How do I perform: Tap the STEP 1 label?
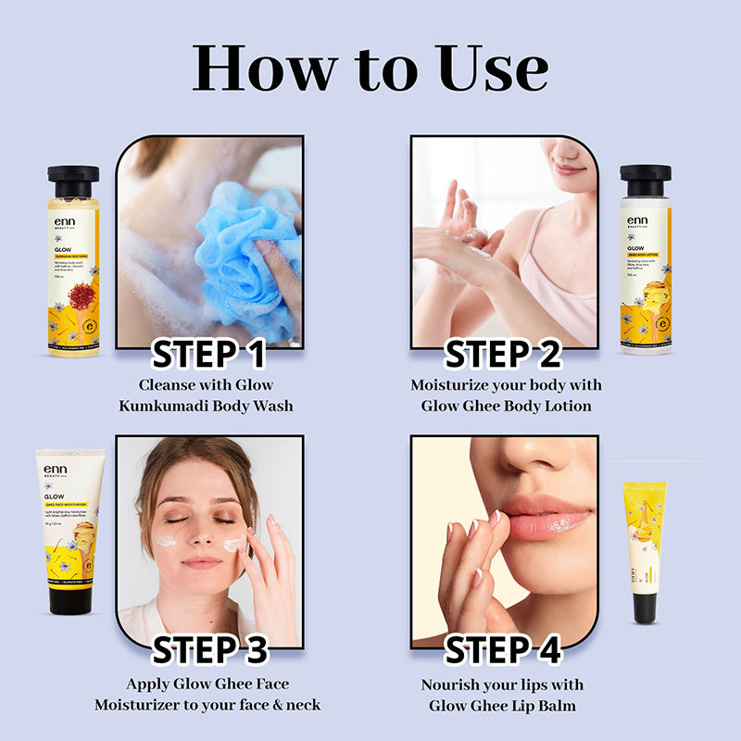(208, 354)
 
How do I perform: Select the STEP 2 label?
(503, 354)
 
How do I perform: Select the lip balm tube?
(645, 546)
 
